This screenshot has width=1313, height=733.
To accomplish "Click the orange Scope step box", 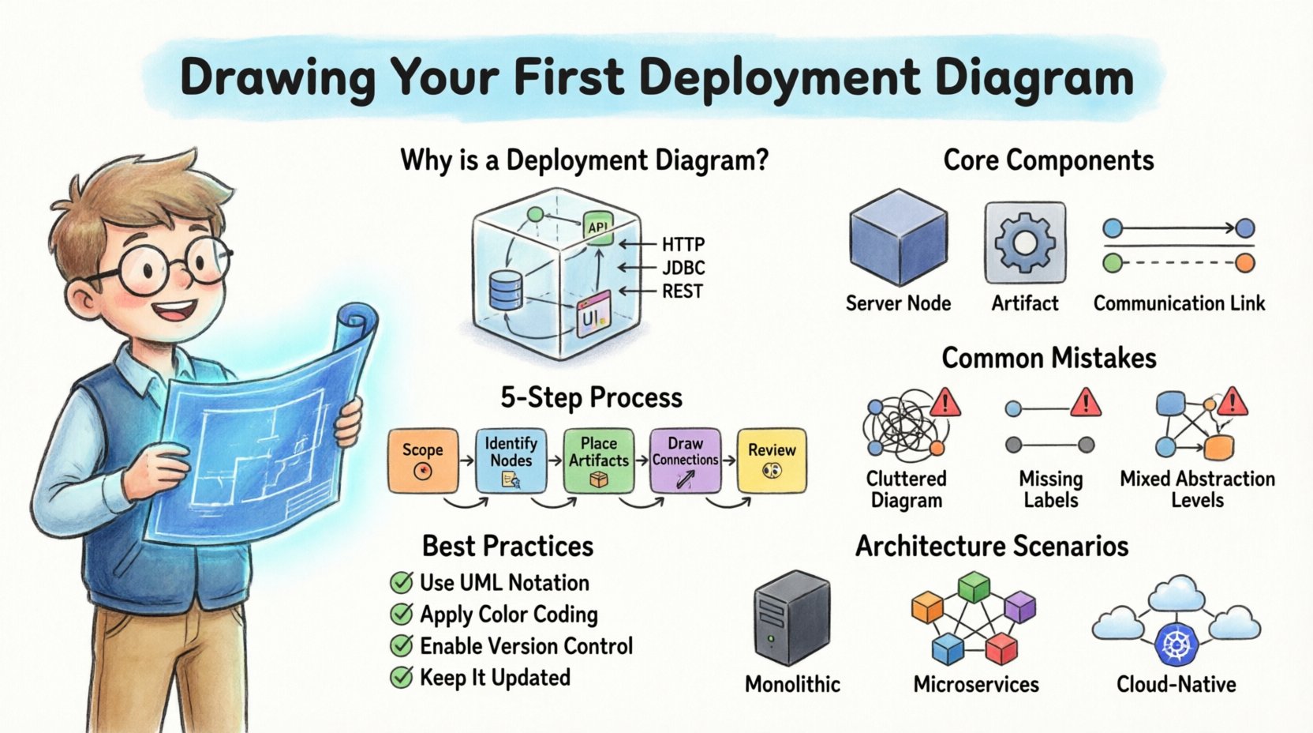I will (423, 460).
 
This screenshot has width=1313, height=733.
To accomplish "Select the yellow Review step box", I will (772, 460).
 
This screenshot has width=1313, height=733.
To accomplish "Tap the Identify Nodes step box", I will (511, 460).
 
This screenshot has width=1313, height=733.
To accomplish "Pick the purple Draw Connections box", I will (684, 460).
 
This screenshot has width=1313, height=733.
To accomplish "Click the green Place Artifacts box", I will (598, 460).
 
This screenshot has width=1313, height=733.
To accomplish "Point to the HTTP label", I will (683, 245).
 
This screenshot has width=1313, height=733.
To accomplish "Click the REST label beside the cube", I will (682, 291).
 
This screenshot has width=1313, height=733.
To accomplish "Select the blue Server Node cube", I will (898, 237).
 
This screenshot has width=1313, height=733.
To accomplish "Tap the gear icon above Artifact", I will (1025, 242).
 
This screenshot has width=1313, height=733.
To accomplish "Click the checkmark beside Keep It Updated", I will (402, 678).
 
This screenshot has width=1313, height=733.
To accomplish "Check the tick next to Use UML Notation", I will (402, 583).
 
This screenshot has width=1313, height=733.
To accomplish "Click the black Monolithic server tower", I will (791, 618).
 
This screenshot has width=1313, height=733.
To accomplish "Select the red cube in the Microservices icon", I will (1002, 649).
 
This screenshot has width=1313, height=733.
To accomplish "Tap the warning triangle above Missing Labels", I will (1086, 402).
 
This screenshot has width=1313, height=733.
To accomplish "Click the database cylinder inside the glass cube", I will (505, 290).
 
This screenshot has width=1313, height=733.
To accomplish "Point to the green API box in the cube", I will (597, 227).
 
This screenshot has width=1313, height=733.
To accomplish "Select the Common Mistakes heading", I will (1049, 358).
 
